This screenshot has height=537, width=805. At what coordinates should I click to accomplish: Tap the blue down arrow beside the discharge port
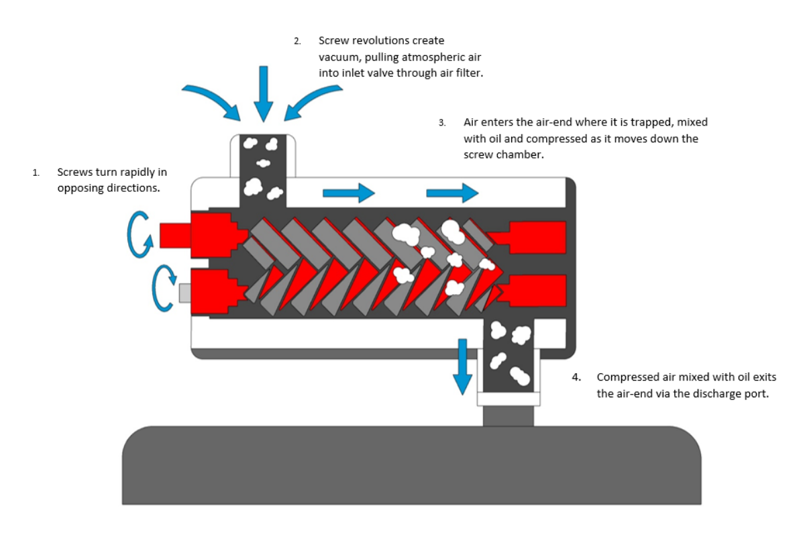462,366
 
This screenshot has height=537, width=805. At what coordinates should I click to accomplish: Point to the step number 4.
576,377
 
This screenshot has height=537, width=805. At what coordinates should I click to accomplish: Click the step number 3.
442,124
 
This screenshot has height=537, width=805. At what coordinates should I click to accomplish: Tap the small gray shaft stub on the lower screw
185,293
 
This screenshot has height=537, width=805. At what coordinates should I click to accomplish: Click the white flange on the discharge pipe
508,399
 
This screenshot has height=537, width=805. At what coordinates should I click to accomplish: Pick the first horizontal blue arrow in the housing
348,193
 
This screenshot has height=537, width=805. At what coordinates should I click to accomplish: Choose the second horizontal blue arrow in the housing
452,193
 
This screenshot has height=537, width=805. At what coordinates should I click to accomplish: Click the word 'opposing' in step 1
78,188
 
